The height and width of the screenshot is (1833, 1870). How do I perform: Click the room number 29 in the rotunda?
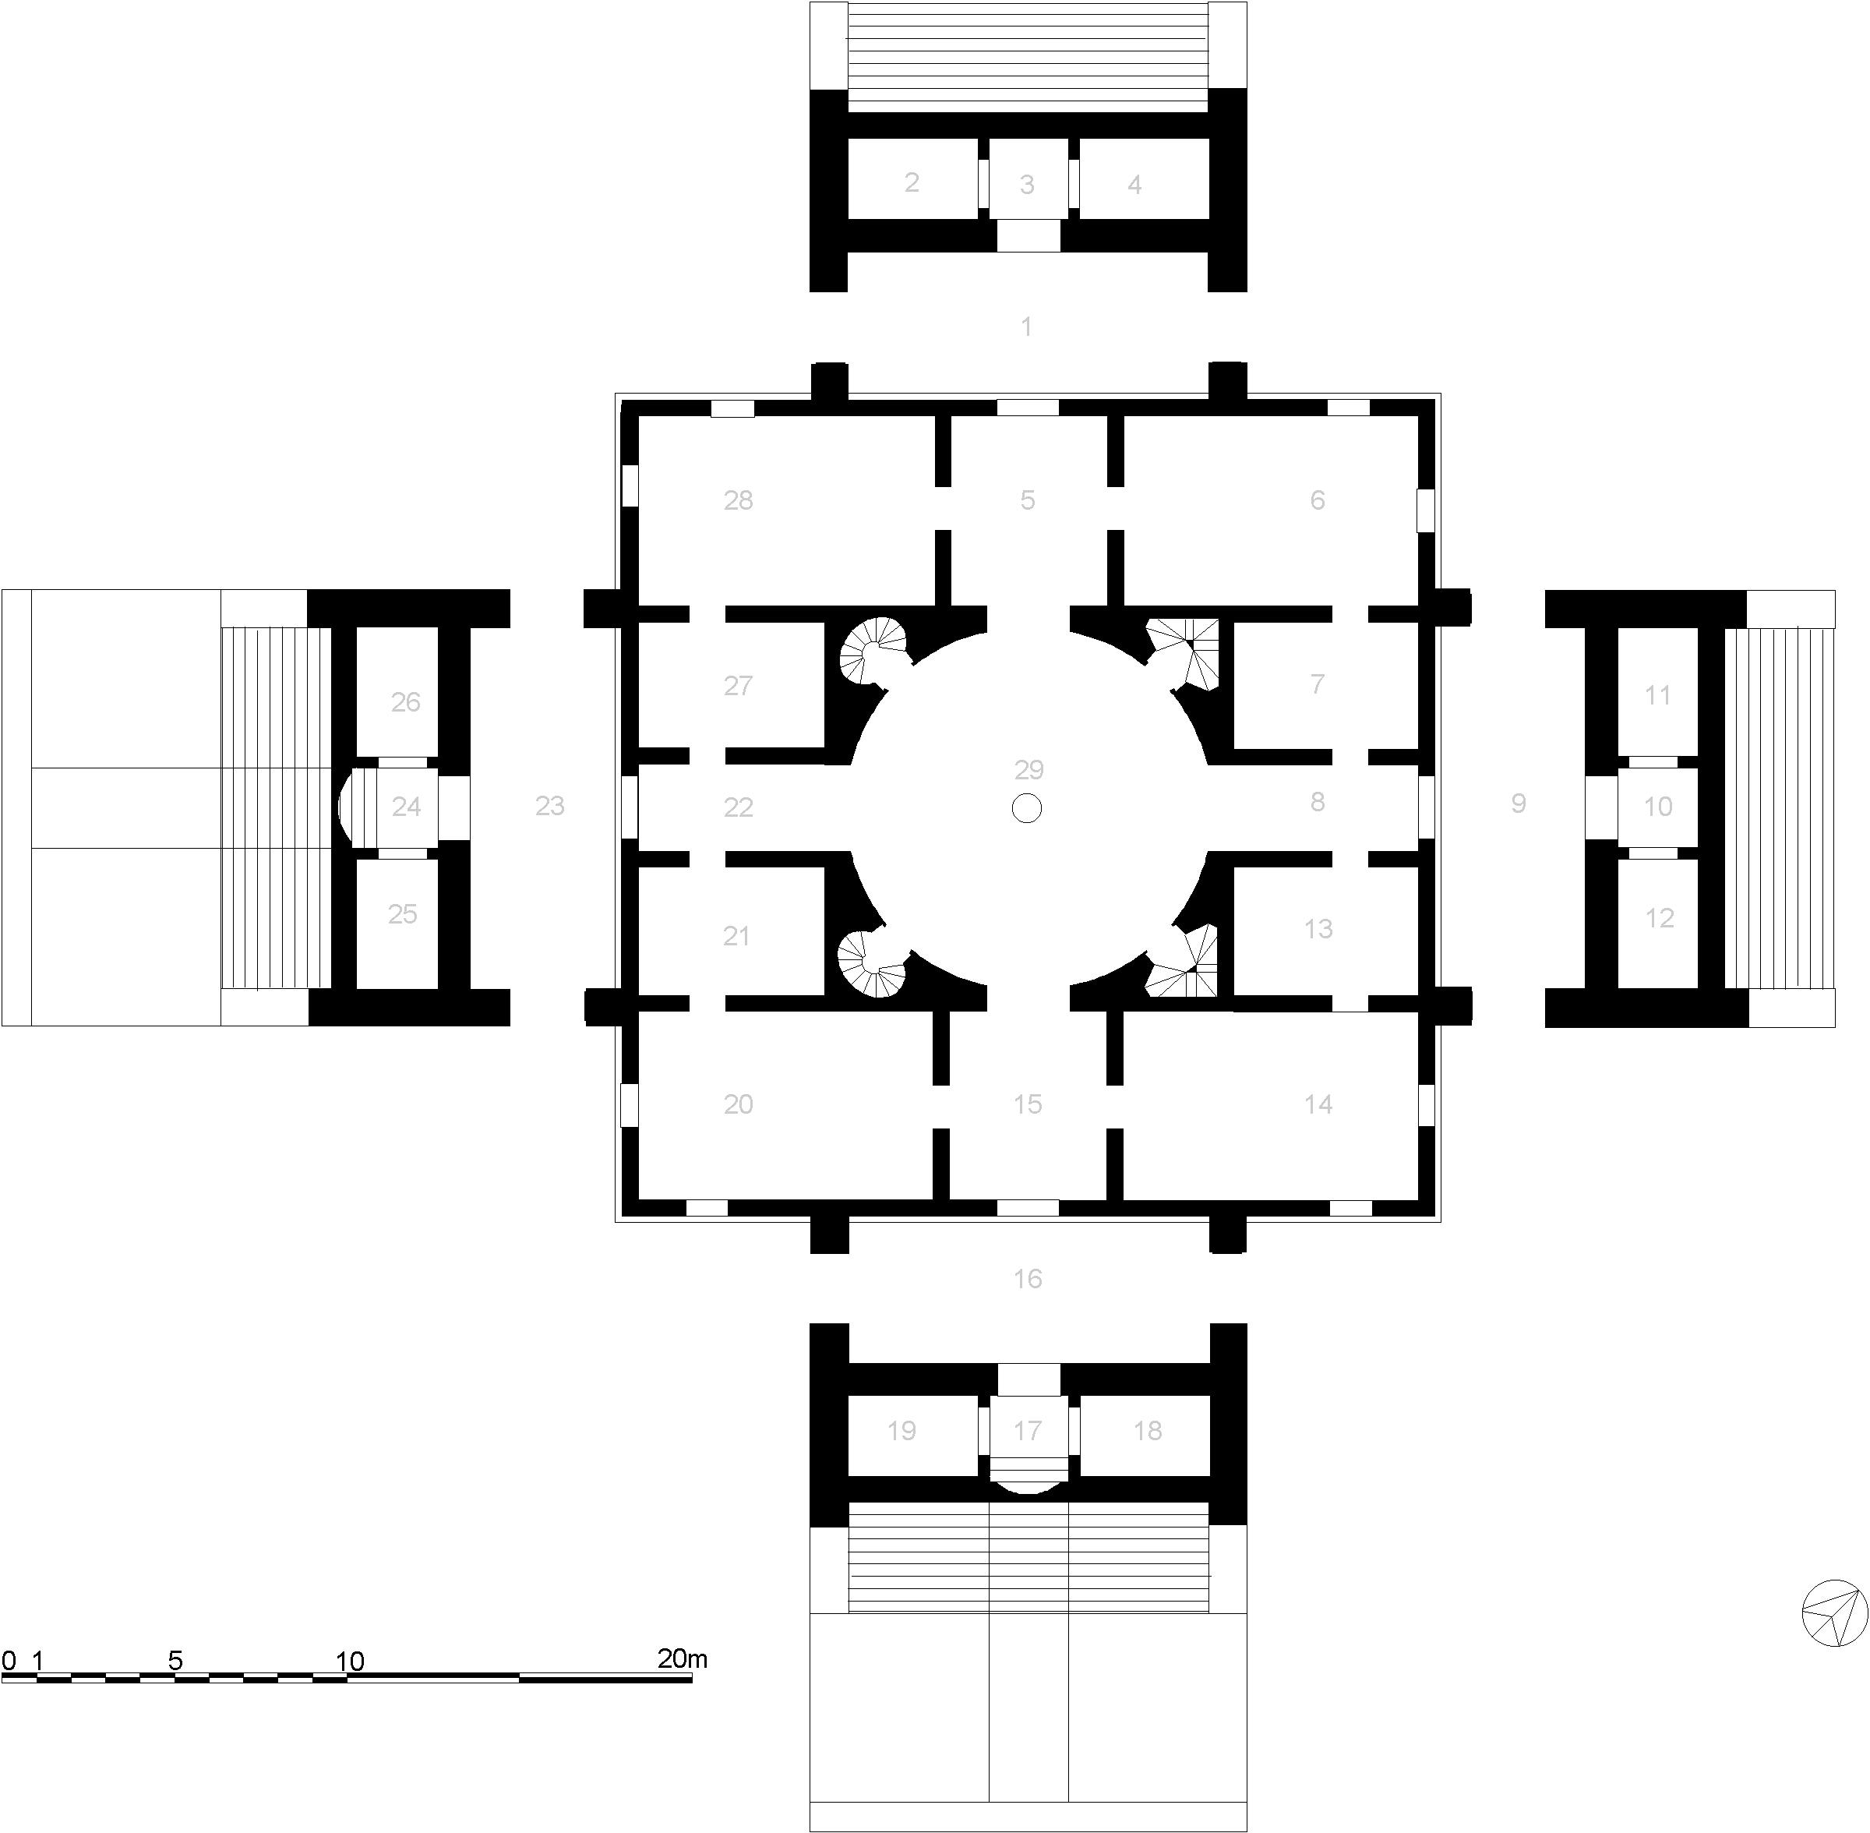pyautogui.click(x=1028, y=769)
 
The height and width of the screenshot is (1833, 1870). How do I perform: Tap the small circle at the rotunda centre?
pyautogui.click(x=1027, y=807)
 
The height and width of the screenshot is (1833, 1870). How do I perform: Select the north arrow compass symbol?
pyautogui.click(x=1834, y=1612)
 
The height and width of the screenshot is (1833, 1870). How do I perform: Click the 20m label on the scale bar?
pyautogui.click(x=683, y=1658)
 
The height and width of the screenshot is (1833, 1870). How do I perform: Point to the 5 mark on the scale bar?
pyautogui.click(x=175, y=1661)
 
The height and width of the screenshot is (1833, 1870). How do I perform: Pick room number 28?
pyautogui.click(x=738, y=500)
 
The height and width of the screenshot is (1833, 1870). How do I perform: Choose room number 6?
pyautogui.click(x=1318, y=500)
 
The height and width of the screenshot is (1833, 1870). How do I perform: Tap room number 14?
pyautogui.click(x=1318, y=1104)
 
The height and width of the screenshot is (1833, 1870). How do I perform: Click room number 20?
pyautogui.click(x=738, y=1104)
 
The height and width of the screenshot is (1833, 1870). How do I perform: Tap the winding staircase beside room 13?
pyautogui.click(x=1184, y=962)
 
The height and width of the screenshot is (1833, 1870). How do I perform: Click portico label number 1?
pyautogui.click(x=1027, y=327)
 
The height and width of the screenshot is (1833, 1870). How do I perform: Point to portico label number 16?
pyautogui.click(x=1028, y=1278)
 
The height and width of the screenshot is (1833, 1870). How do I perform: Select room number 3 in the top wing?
pyautogui.click(x=1027, y=184)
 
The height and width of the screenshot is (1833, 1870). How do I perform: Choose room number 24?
pyautogui.click(x=406, y=807)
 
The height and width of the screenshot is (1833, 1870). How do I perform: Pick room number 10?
pyautogui.click(x=1657, y=807)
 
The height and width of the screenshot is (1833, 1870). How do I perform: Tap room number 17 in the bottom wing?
pyautogui.click(x=1028, y=1431)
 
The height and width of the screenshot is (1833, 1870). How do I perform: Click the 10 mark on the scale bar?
pyautogui.click(x=349, y=1661)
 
